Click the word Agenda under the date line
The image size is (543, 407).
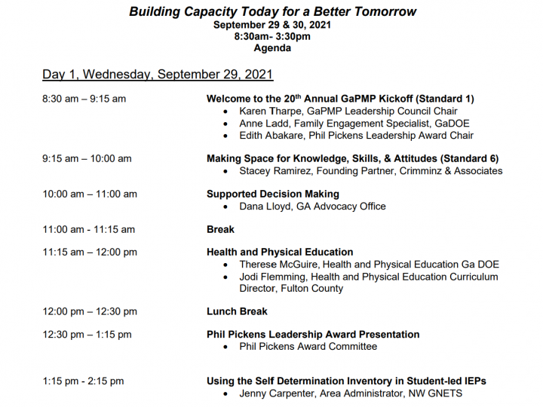pyautogui.click(x=272, y=48)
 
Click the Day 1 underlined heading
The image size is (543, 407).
pyautogui.click(x=158, y=75)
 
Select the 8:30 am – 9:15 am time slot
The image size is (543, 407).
pyautogui.click(x=84, y=99)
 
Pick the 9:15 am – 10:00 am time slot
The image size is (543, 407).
pyautogui.click(x=87, y=159)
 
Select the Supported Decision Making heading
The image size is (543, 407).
pyautogui.click(x=273, y=194)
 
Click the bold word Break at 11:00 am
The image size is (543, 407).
pyautogui.click(x=220, y=229)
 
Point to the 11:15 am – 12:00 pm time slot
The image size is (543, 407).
pyautogui.click(x=90, y=252)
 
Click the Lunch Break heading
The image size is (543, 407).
pyautogui.click(x=238, y=311)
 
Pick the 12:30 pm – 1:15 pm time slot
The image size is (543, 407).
pyautogui.click(x=87, y=335)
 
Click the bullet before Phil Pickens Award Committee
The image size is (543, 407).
pyautogui.click(x=225, y=347)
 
